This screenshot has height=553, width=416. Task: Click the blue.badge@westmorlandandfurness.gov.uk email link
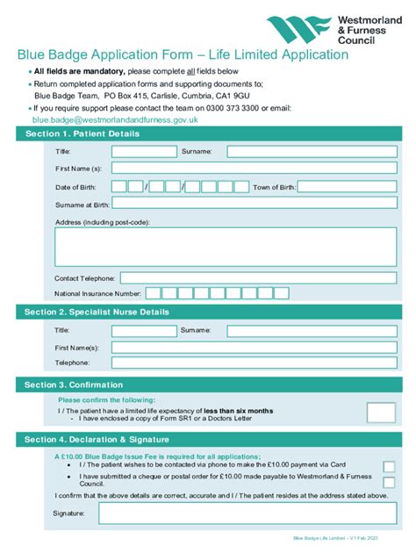tap(115, 119)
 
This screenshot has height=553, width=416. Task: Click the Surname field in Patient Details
tap(312, 151)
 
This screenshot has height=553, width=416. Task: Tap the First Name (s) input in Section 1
tap(255, 168)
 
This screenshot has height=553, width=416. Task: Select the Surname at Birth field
tap(255, 205)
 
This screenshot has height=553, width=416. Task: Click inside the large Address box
tap(226, 247)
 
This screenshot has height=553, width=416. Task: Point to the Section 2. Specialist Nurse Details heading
tap(97, 312)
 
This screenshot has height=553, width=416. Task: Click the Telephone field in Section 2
tap(255, 362)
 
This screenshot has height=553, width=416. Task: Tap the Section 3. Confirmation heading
tap(74, 384)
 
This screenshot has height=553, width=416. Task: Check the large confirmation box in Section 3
tap(380, 413)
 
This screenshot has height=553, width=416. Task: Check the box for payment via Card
tap(389, 466)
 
